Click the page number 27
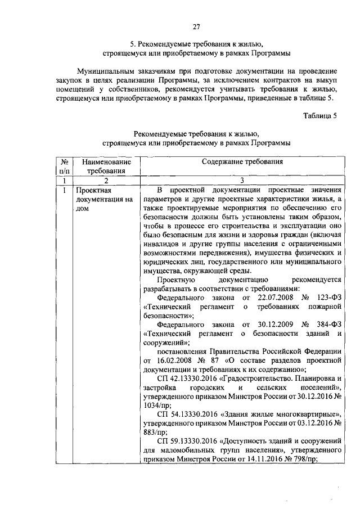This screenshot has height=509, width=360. point(196,26)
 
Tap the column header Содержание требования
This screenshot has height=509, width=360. point(242,162)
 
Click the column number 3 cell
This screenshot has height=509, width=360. point(242,181)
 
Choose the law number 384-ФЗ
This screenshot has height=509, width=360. point(329,325)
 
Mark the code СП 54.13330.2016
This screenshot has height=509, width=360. point(186,415)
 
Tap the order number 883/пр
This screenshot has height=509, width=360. point(154,433)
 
